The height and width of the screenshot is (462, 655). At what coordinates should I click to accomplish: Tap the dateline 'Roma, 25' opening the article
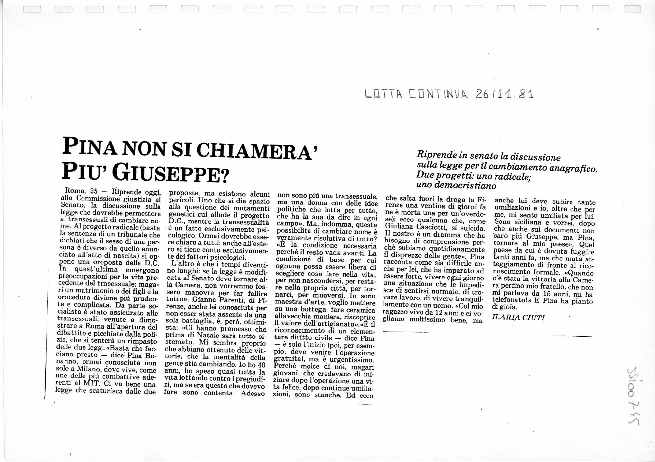pos(79,191)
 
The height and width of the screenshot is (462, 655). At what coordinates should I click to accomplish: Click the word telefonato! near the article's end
pos(513,300)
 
